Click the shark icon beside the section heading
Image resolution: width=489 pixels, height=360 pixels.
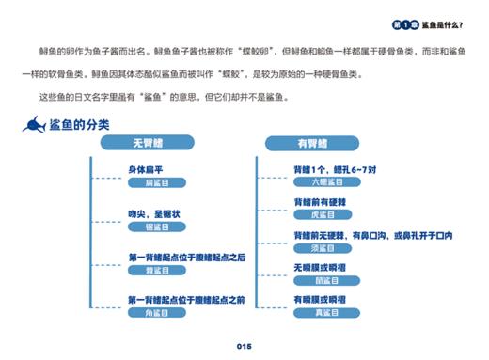(x=34, y=124)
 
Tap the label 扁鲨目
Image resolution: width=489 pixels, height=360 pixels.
(x=156, y=182)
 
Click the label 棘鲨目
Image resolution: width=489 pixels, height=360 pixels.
(x=156, y=270)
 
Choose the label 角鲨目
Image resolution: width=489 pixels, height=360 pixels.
(x=156, y=313)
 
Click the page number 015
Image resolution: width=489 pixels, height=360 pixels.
(x=244, y=347)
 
